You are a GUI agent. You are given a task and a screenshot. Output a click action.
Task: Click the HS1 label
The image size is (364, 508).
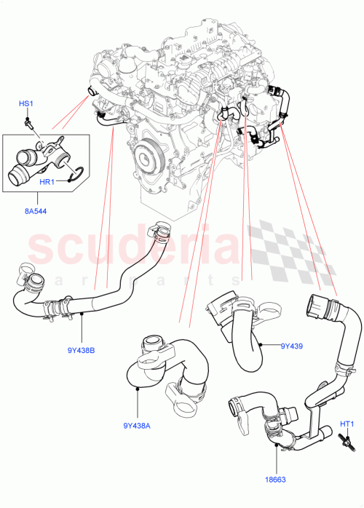(25, 105)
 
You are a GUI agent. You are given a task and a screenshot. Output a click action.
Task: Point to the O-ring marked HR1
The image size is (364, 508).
(82, 174)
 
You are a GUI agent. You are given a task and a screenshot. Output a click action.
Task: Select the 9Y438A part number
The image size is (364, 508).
(138, 426)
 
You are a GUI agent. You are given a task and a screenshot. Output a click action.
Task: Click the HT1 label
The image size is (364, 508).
(347, 424)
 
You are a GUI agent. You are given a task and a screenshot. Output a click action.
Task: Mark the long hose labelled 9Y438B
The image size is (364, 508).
(109, 291)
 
